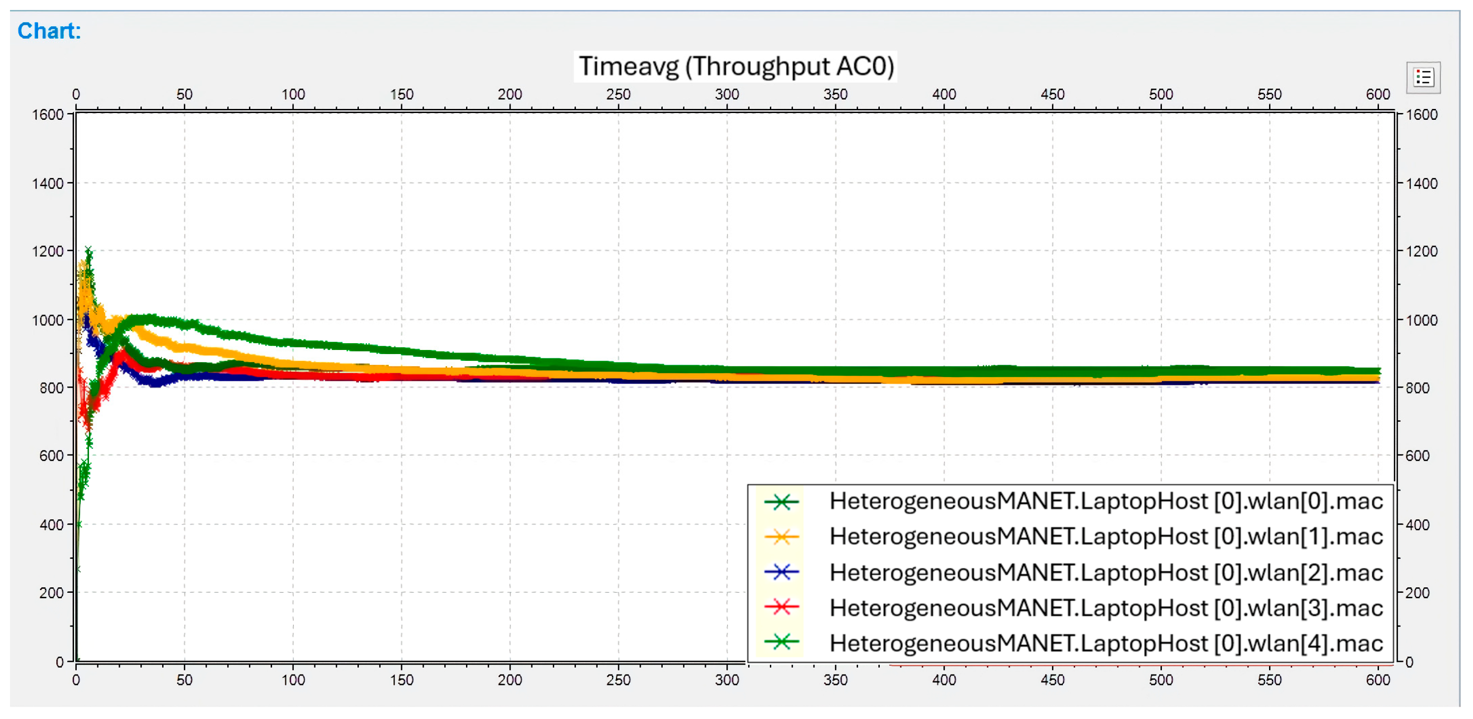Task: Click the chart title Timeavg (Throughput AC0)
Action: [x=735, y=66]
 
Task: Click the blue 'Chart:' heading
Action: [x=49, y=31]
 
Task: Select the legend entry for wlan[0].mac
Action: [x=1106, y=501]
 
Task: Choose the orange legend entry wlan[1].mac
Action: [x=1106, y=537]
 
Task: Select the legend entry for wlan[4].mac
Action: [x=1106, y=644]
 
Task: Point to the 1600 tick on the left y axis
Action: [x=47, y=115]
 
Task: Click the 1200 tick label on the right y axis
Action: [x=1422, y=251]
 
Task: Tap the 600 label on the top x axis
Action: [x=1378, y=94]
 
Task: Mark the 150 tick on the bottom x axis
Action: [x=402, y=680]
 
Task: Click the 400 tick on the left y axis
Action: [x=51, y=525]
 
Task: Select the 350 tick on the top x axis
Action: [x=835, y=94]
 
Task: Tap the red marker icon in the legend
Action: [x=781, y=607]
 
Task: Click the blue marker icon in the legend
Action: [x=781, y=571]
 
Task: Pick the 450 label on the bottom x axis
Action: [x=1052, y=680]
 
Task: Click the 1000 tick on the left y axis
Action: [x=47, y=320]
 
